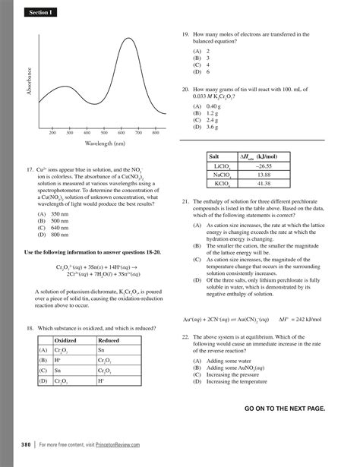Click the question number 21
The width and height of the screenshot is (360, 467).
pyautogui.click(x=185, y=202)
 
